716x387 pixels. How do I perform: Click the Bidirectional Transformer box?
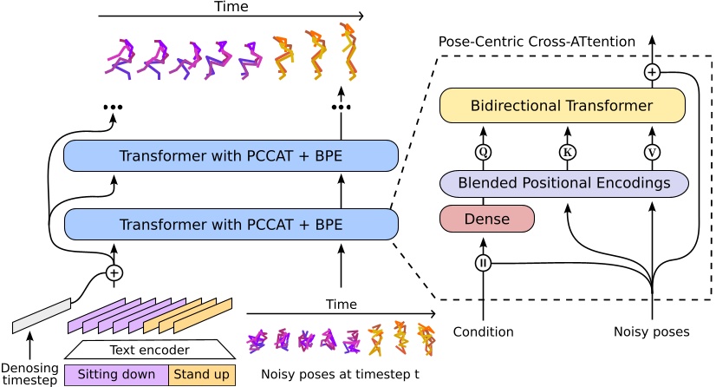[562, 106]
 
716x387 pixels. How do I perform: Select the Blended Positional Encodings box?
[563, 183]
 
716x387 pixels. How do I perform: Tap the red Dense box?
[487, 219]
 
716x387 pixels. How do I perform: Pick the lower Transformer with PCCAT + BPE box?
[231, 225]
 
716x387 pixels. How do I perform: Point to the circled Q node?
[483, 153]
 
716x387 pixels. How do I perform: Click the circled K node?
[567, 153]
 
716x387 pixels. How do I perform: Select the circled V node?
[651, 153]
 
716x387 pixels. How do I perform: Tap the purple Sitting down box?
[116, 375]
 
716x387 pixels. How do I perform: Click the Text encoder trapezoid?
[150, 351]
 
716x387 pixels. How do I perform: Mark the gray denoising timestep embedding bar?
[41, 314]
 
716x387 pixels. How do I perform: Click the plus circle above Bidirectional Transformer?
[652, 72]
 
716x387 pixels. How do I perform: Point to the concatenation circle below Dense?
[483, 263]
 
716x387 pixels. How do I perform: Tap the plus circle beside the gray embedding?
[114, 273]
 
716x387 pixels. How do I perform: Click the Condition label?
[483, 331]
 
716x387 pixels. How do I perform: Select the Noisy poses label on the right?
[651, 331]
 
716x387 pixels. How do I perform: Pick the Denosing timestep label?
[29, 374]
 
